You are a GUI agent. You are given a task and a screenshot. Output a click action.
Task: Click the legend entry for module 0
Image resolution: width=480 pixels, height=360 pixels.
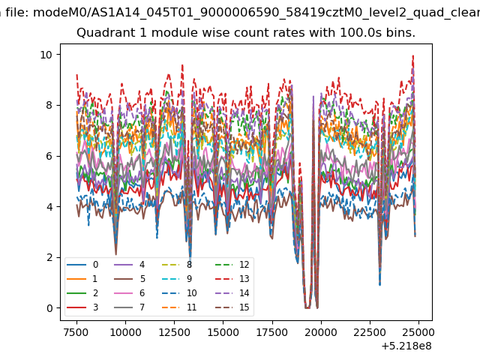pos(82,265)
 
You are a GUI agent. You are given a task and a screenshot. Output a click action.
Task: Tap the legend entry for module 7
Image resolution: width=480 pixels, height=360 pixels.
pos(129,307)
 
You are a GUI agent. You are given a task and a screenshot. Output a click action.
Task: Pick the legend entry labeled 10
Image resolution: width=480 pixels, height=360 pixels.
pos(178,293)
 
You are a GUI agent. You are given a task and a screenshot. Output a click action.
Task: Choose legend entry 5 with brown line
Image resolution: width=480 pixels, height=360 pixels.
pos(129,279)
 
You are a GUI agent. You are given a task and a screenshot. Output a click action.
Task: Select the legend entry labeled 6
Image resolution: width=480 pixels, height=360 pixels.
pos(129,293)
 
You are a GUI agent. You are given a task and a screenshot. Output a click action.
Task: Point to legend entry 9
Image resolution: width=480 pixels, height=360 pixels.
pos(177,279)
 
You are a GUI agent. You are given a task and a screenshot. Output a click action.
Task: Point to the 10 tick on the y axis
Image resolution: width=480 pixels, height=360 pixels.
pos(46,55)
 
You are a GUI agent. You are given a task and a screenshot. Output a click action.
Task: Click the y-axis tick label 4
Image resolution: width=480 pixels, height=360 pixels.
pos(49,207)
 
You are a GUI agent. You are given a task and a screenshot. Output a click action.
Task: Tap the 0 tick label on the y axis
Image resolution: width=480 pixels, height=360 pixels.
pos(49,308)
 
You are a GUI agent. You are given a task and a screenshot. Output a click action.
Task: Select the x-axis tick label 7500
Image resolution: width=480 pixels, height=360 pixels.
pos(76,332)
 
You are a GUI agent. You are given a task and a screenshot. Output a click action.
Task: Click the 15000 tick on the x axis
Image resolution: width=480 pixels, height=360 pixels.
pos(223,332)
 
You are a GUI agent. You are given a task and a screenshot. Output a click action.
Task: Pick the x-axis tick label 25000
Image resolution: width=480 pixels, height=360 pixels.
pos(418,332)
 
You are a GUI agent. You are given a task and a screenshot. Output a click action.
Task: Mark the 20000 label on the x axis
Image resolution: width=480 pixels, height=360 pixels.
pos(321,332)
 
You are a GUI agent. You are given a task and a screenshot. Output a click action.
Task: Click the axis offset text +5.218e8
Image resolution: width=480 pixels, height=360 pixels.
pos(406,346)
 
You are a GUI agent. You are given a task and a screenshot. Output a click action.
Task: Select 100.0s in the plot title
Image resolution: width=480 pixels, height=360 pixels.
pos(360,32)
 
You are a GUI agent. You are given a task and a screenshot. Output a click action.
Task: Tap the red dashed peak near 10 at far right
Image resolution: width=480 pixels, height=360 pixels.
pos(413,56)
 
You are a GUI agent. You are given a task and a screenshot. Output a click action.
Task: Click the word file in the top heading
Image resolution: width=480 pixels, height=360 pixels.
pos(17,13)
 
